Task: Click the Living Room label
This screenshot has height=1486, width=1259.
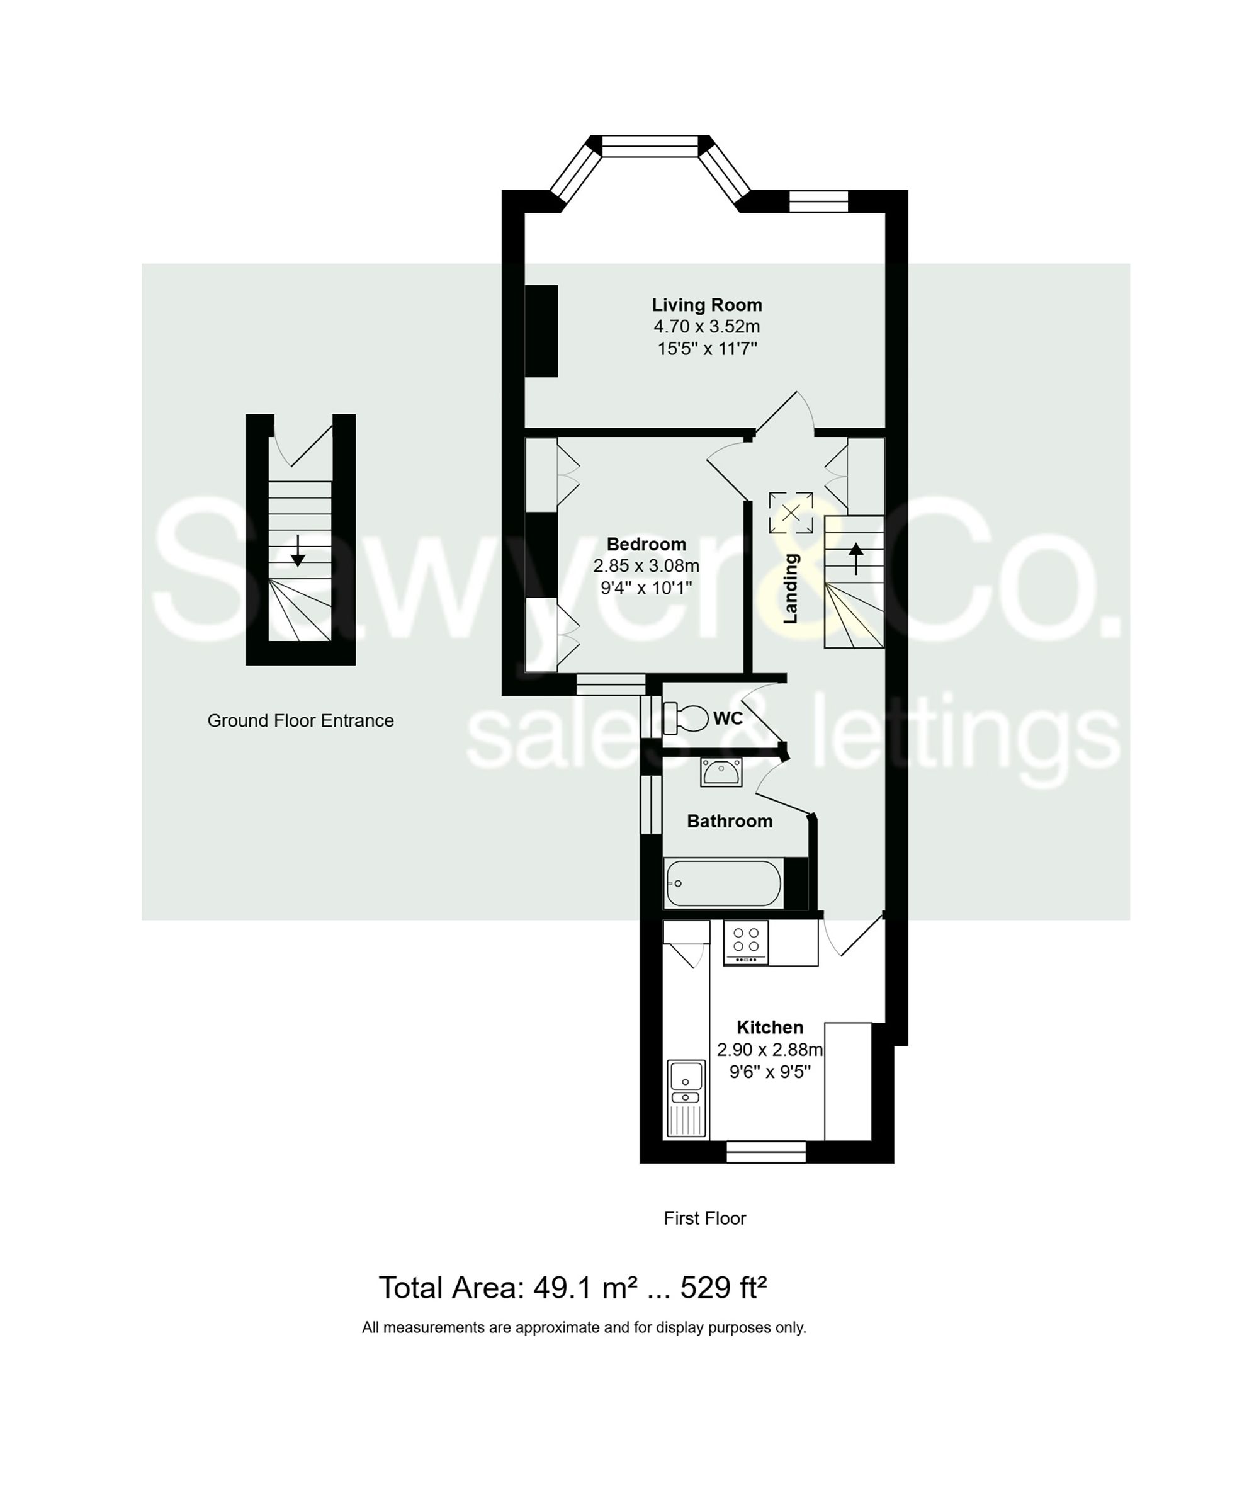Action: (x=706, y=305)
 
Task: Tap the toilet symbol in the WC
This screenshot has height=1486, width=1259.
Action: (x=685, y=718)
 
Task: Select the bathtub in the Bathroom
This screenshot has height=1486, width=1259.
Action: (x=723, y=883)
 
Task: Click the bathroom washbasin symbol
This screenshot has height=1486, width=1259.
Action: (x=721, y=771)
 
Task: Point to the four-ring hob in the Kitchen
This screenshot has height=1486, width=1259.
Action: (x=746, y=942)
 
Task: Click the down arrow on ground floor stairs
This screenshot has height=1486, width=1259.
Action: (x=298, y=550)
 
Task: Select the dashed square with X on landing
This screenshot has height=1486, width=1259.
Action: (x=790, y=513)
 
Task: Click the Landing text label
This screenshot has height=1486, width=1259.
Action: (x=791, y=588)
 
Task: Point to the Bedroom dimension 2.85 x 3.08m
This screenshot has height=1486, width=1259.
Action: (x=646, y=566)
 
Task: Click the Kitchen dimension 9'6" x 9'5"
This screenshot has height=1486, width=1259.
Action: (x=769, y=1071)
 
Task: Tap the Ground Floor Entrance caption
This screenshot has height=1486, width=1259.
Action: (x=300, y=721)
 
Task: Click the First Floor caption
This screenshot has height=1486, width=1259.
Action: (x=704, y=1218)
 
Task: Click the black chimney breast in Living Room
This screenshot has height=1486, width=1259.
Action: (x=542, y=331)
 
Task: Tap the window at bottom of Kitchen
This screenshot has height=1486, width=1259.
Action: (x=766, y=1151)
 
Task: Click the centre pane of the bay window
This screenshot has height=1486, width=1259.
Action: (x=649, y=146)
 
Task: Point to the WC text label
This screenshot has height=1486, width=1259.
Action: (x=728, y=718)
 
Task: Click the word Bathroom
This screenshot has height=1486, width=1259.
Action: (x=730, y=821)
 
